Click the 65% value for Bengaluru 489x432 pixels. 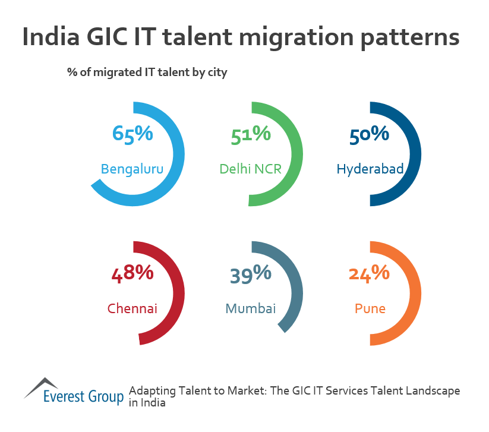[132, 134]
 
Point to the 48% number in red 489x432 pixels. [132, 274]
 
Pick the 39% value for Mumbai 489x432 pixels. [250, 274]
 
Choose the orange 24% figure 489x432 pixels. [369, 274]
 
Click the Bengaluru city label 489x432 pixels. [132, 169]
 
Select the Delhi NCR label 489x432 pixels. [250, 169]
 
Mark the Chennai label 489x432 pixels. [132, 309]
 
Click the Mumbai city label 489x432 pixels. [250, 309]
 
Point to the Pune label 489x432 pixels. [370, 309]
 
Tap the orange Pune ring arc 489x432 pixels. [417, 294]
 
